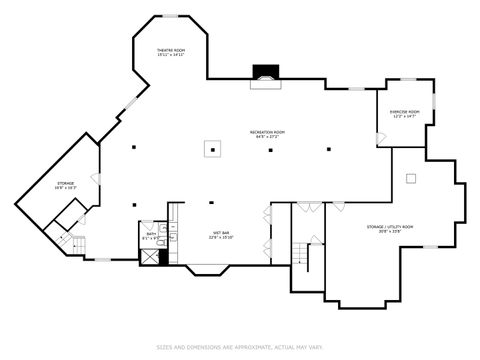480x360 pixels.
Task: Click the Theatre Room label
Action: (x=171, y=52)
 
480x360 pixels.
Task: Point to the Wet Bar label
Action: (x=220, y=235)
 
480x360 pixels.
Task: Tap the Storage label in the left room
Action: (x=65, y=185)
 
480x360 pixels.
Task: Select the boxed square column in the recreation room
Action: (x=212, y=149)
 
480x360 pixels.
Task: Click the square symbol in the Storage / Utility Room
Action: (x=410, y=178)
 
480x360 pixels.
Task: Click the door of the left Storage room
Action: (x=95, y=179)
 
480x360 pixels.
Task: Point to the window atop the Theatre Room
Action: (x=171, y=15)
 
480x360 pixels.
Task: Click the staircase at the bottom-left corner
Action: (x=67, y=244)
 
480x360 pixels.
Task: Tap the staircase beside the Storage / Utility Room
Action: (x=300, y=252)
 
